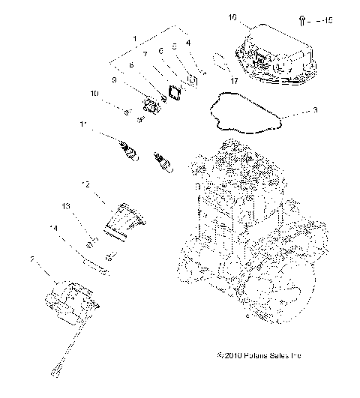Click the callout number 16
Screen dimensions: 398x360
232,16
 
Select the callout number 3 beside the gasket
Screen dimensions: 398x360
315,110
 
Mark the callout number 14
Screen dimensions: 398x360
54,228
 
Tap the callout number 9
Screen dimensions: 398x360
114,79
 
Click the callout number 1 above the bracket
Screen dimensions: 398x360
134,37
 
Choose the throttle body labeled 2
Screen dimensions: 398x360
69,301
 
